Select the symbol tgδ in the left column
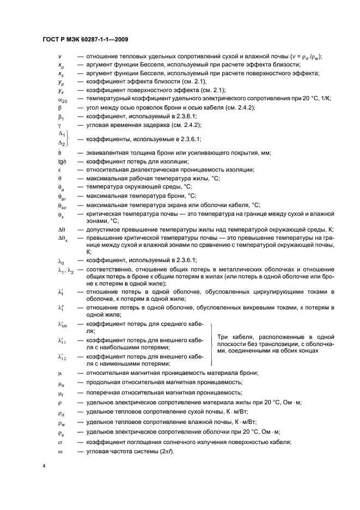(62, 161)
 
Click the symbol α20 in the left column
(62, 99)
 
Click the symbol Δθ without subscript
(62, 230)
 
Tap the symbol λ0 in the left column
(61, 260)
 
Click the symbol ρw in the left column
(62, 422)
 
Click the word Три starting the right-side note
(223, 337)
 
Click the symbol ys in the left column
(61, 90)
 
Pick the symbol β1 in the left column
(61, 117)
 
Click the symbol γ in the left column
(59, 125)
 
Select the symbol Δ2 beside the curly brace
(62, 143)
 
